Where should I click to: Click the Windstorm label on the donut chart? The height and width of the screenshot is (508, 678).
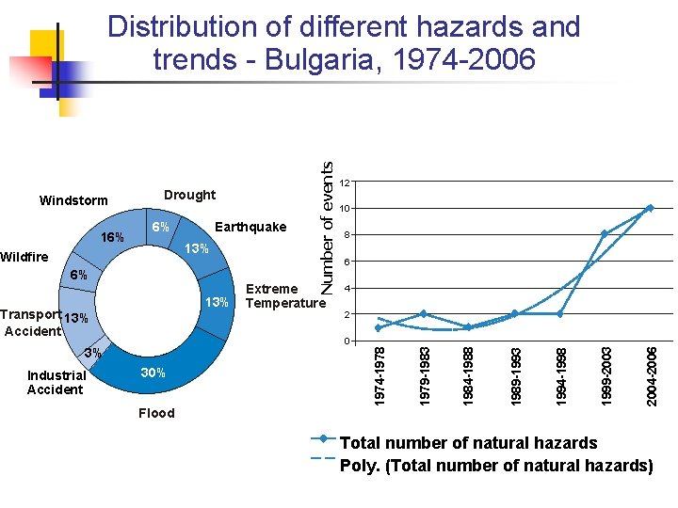(73, 200)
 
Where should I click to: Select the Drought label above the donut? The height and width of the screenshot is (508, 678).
(189, 195)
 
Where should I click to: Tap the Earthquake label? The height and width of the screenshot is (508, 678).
(250, 227)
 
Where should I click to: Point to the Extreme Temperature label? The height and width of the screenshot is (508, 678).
(283, 296)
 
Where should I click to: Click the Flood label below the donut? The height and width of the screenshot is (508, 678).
(156, 412)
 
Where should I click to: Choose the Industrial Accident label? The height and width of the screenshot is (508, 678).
(56, 382)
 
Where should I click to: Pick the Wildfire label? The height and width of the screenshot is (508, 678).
(24, 256)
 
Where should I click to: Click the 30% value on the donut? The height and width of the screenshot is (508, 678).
(153, 373)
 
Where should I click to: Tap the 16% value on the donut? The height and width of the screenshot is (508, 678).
(112, 237)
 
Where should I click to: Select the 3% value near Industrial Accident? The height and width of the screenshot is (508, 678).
(92, 353)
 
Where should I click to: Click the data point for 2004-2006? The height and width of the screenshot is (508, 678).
(650, 208)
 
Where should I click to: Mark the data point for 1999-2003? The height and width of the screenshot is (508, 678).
(605, 234)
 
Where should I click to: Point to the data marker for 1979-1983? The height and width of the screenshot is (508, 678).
(424, 313)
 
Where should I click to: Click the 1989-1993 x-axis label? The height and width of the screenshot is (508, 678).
(515, 376)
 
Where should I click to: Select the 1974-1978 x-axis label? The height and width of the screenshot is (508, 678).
(379, 376)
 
